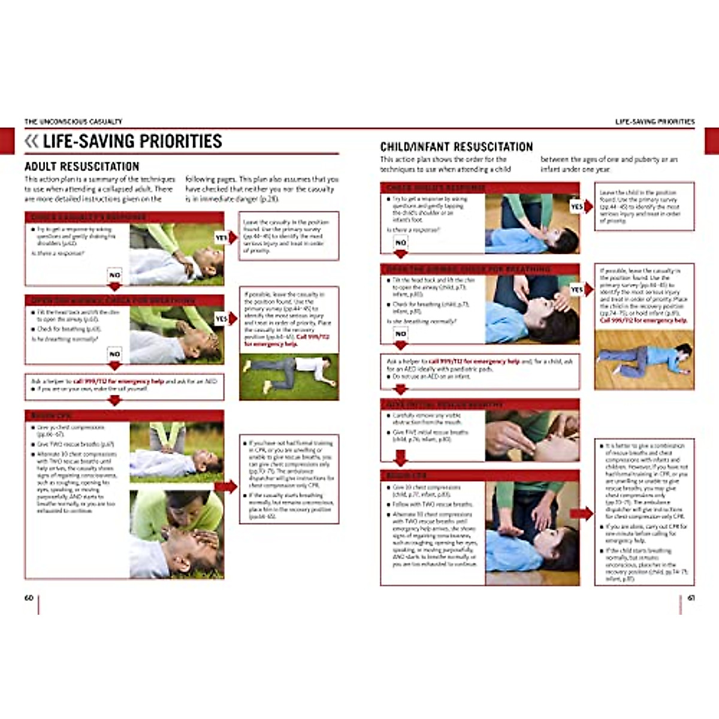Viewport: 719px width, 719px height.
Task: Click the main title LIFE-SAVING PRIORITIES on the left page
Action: [132, 141]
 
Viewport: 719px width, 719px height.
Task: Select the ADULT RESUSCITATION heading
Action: [81, 167]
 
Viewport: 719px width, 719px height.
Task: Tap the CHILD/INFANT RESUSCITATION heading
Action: [456, 147]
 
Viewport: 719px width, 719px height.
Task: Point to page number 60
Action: [29, 598]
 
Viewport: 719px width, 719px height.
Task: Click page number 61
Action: [690, 598]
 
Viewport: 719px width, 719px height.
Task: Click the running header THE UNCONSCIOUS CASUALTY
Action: [73, 122]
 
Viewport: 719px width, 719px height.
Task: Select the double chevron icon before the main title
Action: [31, 141]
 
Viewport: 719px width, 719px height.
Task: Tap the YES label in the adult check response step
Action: [221, 238]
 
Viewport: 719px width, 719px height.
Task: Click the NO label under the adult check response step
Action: [114, 275]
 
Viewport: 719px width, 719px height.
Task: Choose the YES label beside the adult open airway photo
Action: [221, 319]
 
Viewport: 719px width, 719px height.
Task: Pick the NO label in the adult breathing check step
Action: [114, 354]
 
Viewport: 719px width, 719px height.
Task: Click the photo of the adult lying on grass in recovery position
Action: [288, 376]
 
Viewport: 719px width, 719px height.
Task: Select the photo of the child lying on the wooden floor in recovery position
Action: [644, 359]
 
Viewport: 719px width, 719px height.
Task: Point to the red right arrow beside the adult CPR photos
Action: [226, 487]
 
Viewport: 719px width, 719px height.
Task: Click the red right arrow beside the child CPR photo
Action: [581, 513]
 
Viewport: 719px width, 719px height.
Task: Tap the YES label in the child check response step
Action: [576, 207]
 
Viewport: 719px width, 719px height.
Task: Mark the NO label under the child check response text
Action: [400, 243]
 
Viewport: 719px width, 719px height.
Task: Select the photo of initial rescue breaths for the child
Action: [532, 436]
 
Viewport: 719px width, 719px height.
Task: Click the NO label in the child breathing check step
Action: [400, 334]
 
